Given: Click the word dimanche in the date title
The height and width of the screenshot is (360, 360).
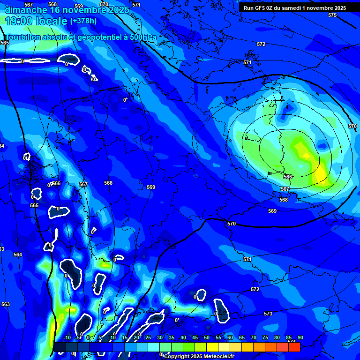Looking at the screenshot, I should click(26, 10).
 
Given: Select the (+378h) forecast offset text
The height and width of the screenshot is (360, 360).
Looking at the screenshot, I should click(83, 21).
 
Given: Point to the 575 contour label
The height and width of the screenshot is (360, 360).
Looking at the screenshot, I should click(332, 15).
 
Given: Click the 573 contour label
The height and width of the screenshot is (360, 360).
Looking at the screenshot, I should click(268, 314).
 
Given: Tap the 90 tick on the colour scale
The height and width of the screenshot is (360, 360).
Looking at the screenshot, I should click(300, 337).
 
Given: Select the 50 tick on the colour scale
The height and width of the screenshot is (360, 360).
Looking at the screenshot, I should click(207, 337).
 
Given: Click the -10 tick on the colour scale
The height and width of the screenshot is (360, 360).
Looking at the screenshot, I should click(67, 337).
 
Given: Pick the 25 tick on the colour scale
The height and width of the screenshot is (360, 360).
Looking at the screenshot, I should click(148, 337).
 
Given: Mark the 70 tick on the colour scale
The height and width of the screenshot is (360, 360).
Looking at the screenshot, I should click(254, 337).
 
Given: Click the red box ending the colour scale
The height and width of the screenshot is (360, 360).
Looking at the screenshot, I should click(294, 347).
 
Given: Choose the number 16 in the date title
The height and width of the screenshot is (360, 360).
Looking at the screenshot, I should click(54, 10).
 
